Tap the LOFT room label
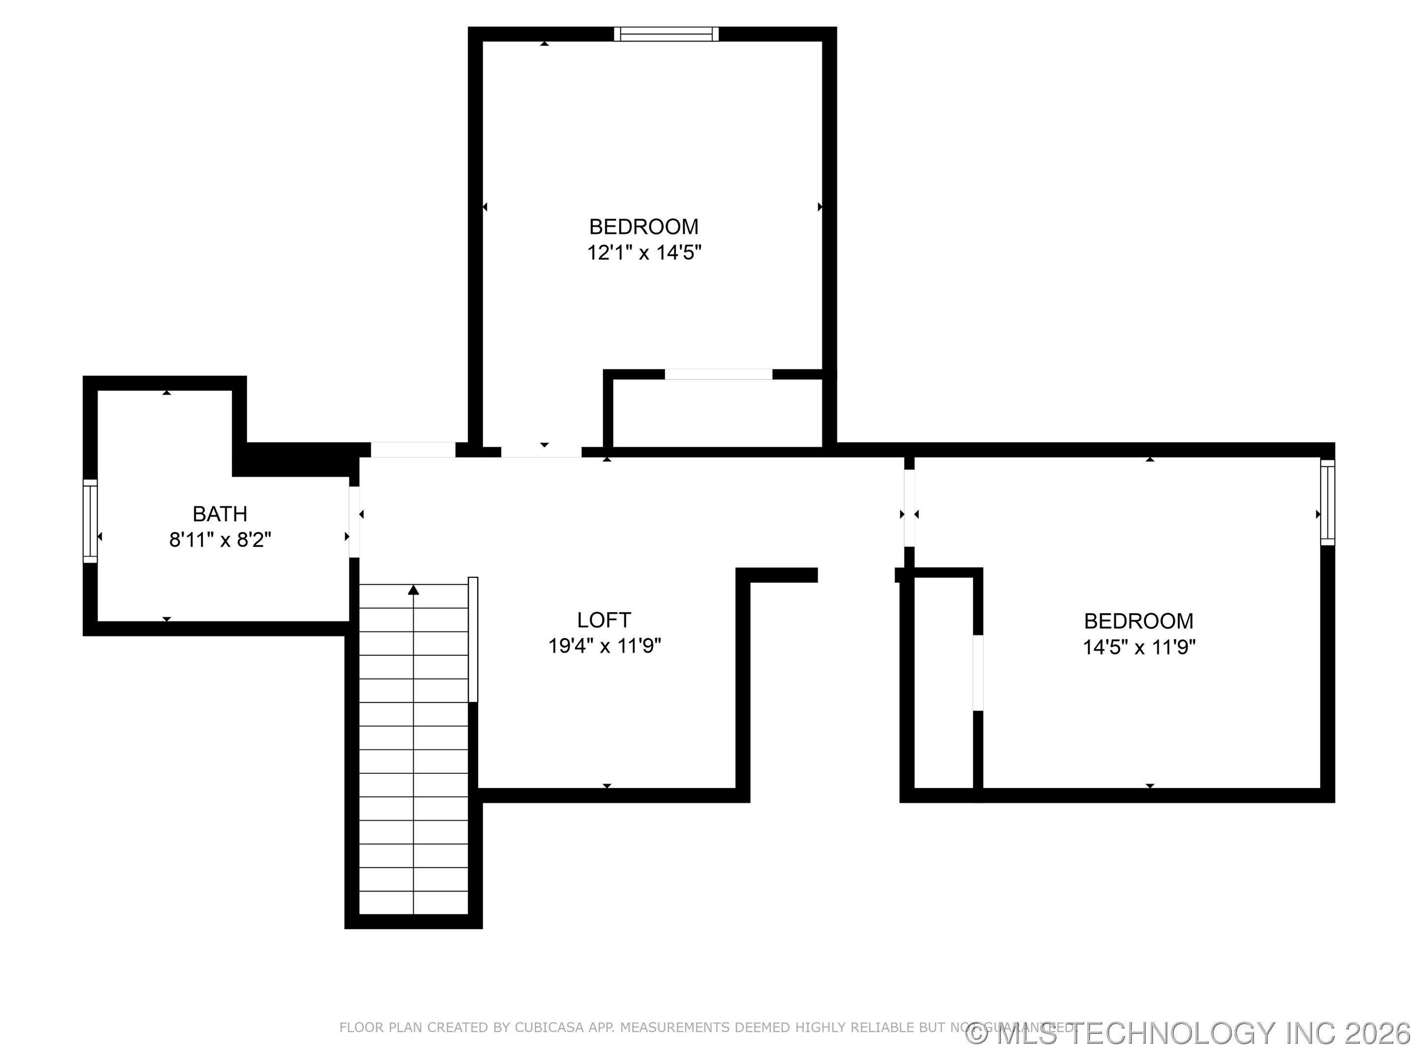coord(603,620)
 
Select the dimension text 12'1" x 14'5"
coord(644,253)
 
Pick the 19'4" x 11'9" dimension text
coord(604,646)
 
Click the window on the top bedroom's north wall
coord(666,34)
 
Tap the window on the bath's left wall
coord(91,521)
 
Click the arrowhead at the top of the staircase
coord(414,590)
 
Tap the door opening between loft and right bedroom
coord(909,508)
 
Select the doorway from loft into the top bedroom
coord(541,452)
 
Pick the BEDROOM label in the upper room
coord(644,227)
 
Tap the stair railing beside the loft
coord(473,639)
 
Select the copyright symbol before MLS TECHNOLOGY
coord(976,1034)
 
